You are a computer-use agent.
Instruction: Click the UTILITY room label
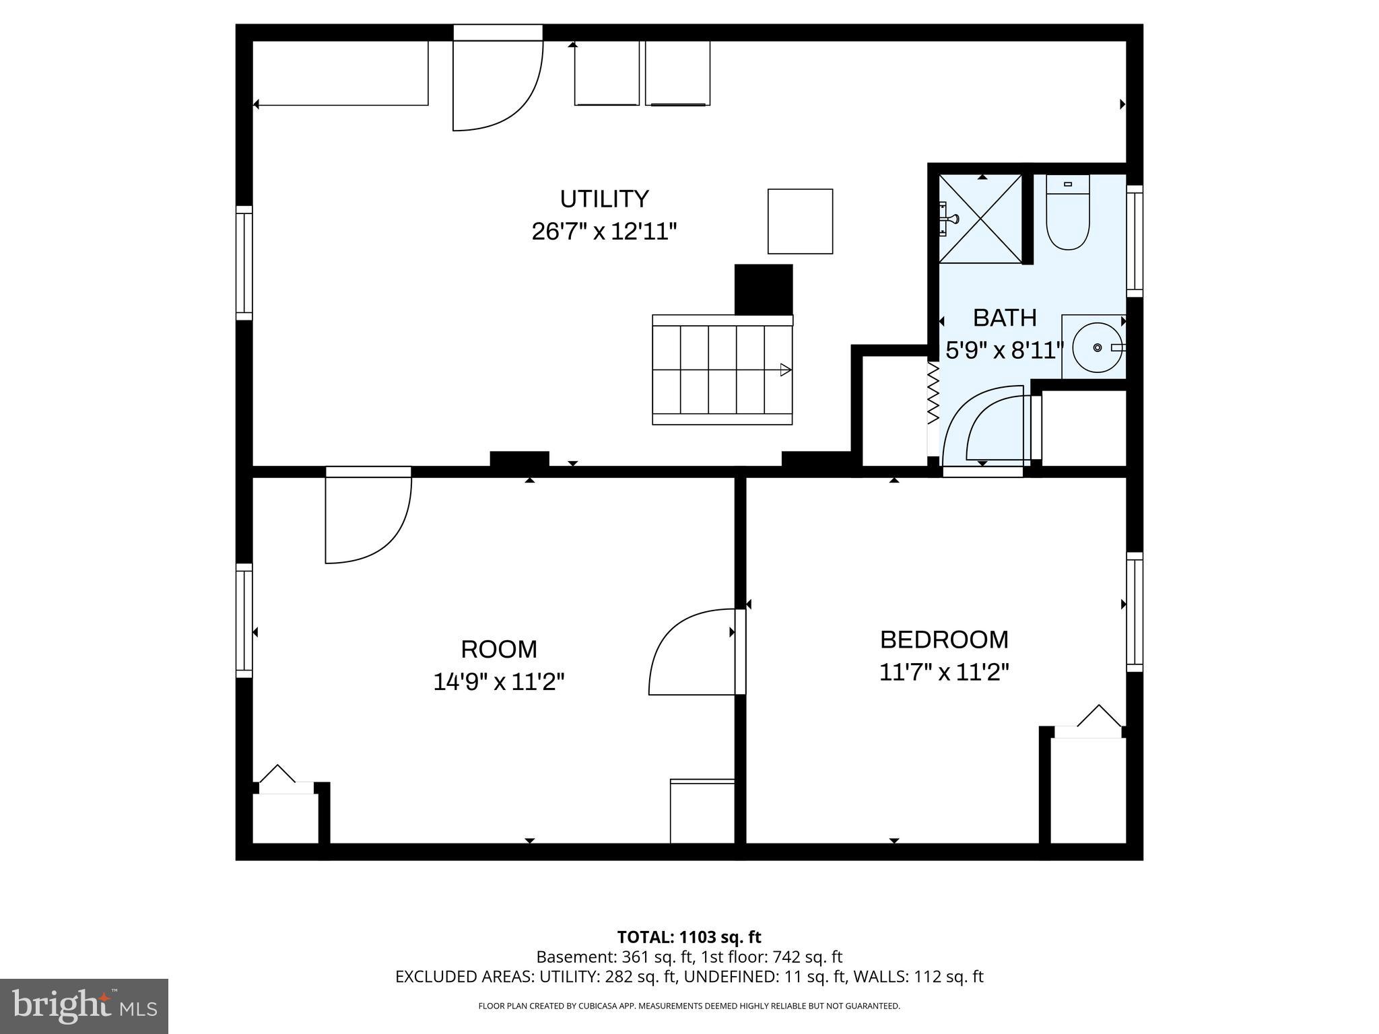tap(604, 199)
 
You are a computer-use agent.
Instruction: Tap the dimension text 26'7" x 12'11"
tap(604, 232)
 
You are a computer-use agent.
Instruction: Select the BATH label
tap(1004, 318)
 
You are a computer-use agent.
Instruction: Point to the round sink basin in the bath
tap(1097, 347)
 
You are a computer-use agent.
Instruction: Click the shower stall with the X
tap(980, 219)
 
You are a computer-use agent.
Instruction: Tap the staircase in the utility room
tap(722, 370)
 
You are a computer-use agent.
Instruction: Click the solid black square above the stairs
tap(764, 289)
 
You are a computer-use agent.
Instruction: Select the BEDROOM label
tap(944, 640)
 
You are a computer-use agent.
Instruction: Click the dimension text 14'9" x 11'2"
tap(498, 683)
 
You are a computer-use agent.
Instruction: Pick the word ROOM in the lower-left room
tap(498, 650)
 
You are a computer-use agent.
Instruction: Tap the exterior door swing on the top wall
tap(497, 84)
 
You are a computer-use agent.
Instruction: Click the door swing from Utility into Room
tap(368, 518)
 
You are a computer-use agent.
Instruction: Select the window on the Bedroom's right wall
tap(1135, 612)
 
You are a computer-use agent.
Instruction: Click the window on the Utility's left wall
tap(244, 263)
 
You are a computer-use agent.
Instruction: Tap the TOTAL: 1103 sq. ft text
tap(689, 937)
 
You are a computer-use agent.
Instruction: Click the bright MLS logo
tap(84, 1006)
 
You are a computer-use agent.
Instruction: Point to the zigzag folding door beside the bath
tap(933, 394)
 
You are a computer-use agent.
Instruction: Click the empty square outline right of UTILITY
tap(800, 221)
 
